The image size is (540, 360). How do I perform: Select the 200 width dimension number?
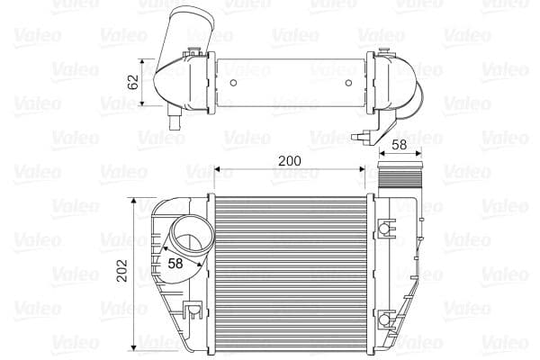[289, 161]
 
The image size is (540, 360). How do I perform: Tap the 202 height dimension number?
[122, 272]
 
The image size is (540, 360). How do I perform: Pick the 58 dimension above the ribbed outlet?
[399, 144]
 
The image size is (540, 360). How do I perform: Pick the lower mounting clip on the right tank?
[386, 319]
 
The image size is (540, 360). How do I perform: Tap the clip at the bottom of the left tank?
[191, 312]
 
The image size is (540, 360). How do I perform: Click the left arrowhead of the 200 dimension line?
[216, 168]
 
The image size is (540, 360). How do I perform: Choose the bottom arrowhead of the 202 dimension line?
[136, 346]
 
